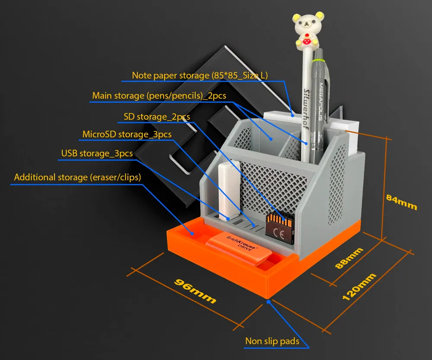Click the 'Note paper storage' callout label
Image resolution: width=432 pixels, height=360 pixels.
tap(200, 76)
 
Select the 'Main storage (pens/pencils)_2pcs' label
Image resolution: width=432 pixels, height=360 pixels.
tap(159, 96)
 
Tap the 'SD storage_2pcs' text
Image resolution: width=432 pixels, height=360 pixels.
tap(157, 117)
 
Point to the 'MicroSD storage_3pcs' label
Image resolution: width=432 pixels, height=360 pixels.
tap(127, 134)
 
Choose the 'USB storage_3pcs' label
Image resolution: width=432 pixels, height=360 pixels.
tap(97, 153)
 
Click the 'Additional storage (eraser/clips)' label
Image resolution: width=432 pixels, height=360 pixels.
tap(77, 177)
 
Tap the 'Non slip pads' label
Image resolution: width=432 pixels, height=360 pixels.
tap(272, 341)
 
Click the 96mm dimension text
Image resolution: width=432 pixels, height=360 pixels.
tap(195, 291)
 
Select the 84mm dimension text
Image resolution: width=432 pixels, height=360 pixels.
tap(401, 202)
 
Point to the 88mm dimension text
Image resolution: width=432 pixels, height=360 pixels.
tap(349, 258)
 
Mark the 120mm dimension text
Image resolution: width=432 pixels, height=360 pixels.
tap(359, 287)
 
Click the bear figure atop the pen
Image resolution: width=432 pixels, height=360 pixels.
tap(308, 30)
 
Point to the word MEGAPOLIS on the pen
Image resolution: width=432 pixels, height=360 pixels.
tap(321, 101)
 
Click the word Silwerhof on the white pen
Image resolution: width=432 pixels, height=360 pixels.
tap(306, 108)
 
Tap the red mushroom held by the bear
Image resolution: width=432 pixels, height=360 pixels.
tap(307, 41)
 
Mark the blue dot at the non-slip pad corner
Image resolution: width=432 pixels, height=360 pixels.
tap(268, 302)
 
